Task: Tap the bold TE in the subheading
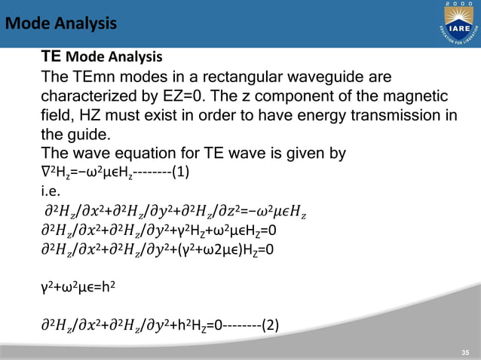click(51, 56)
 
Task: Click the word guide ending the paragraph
click(84, 136)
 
